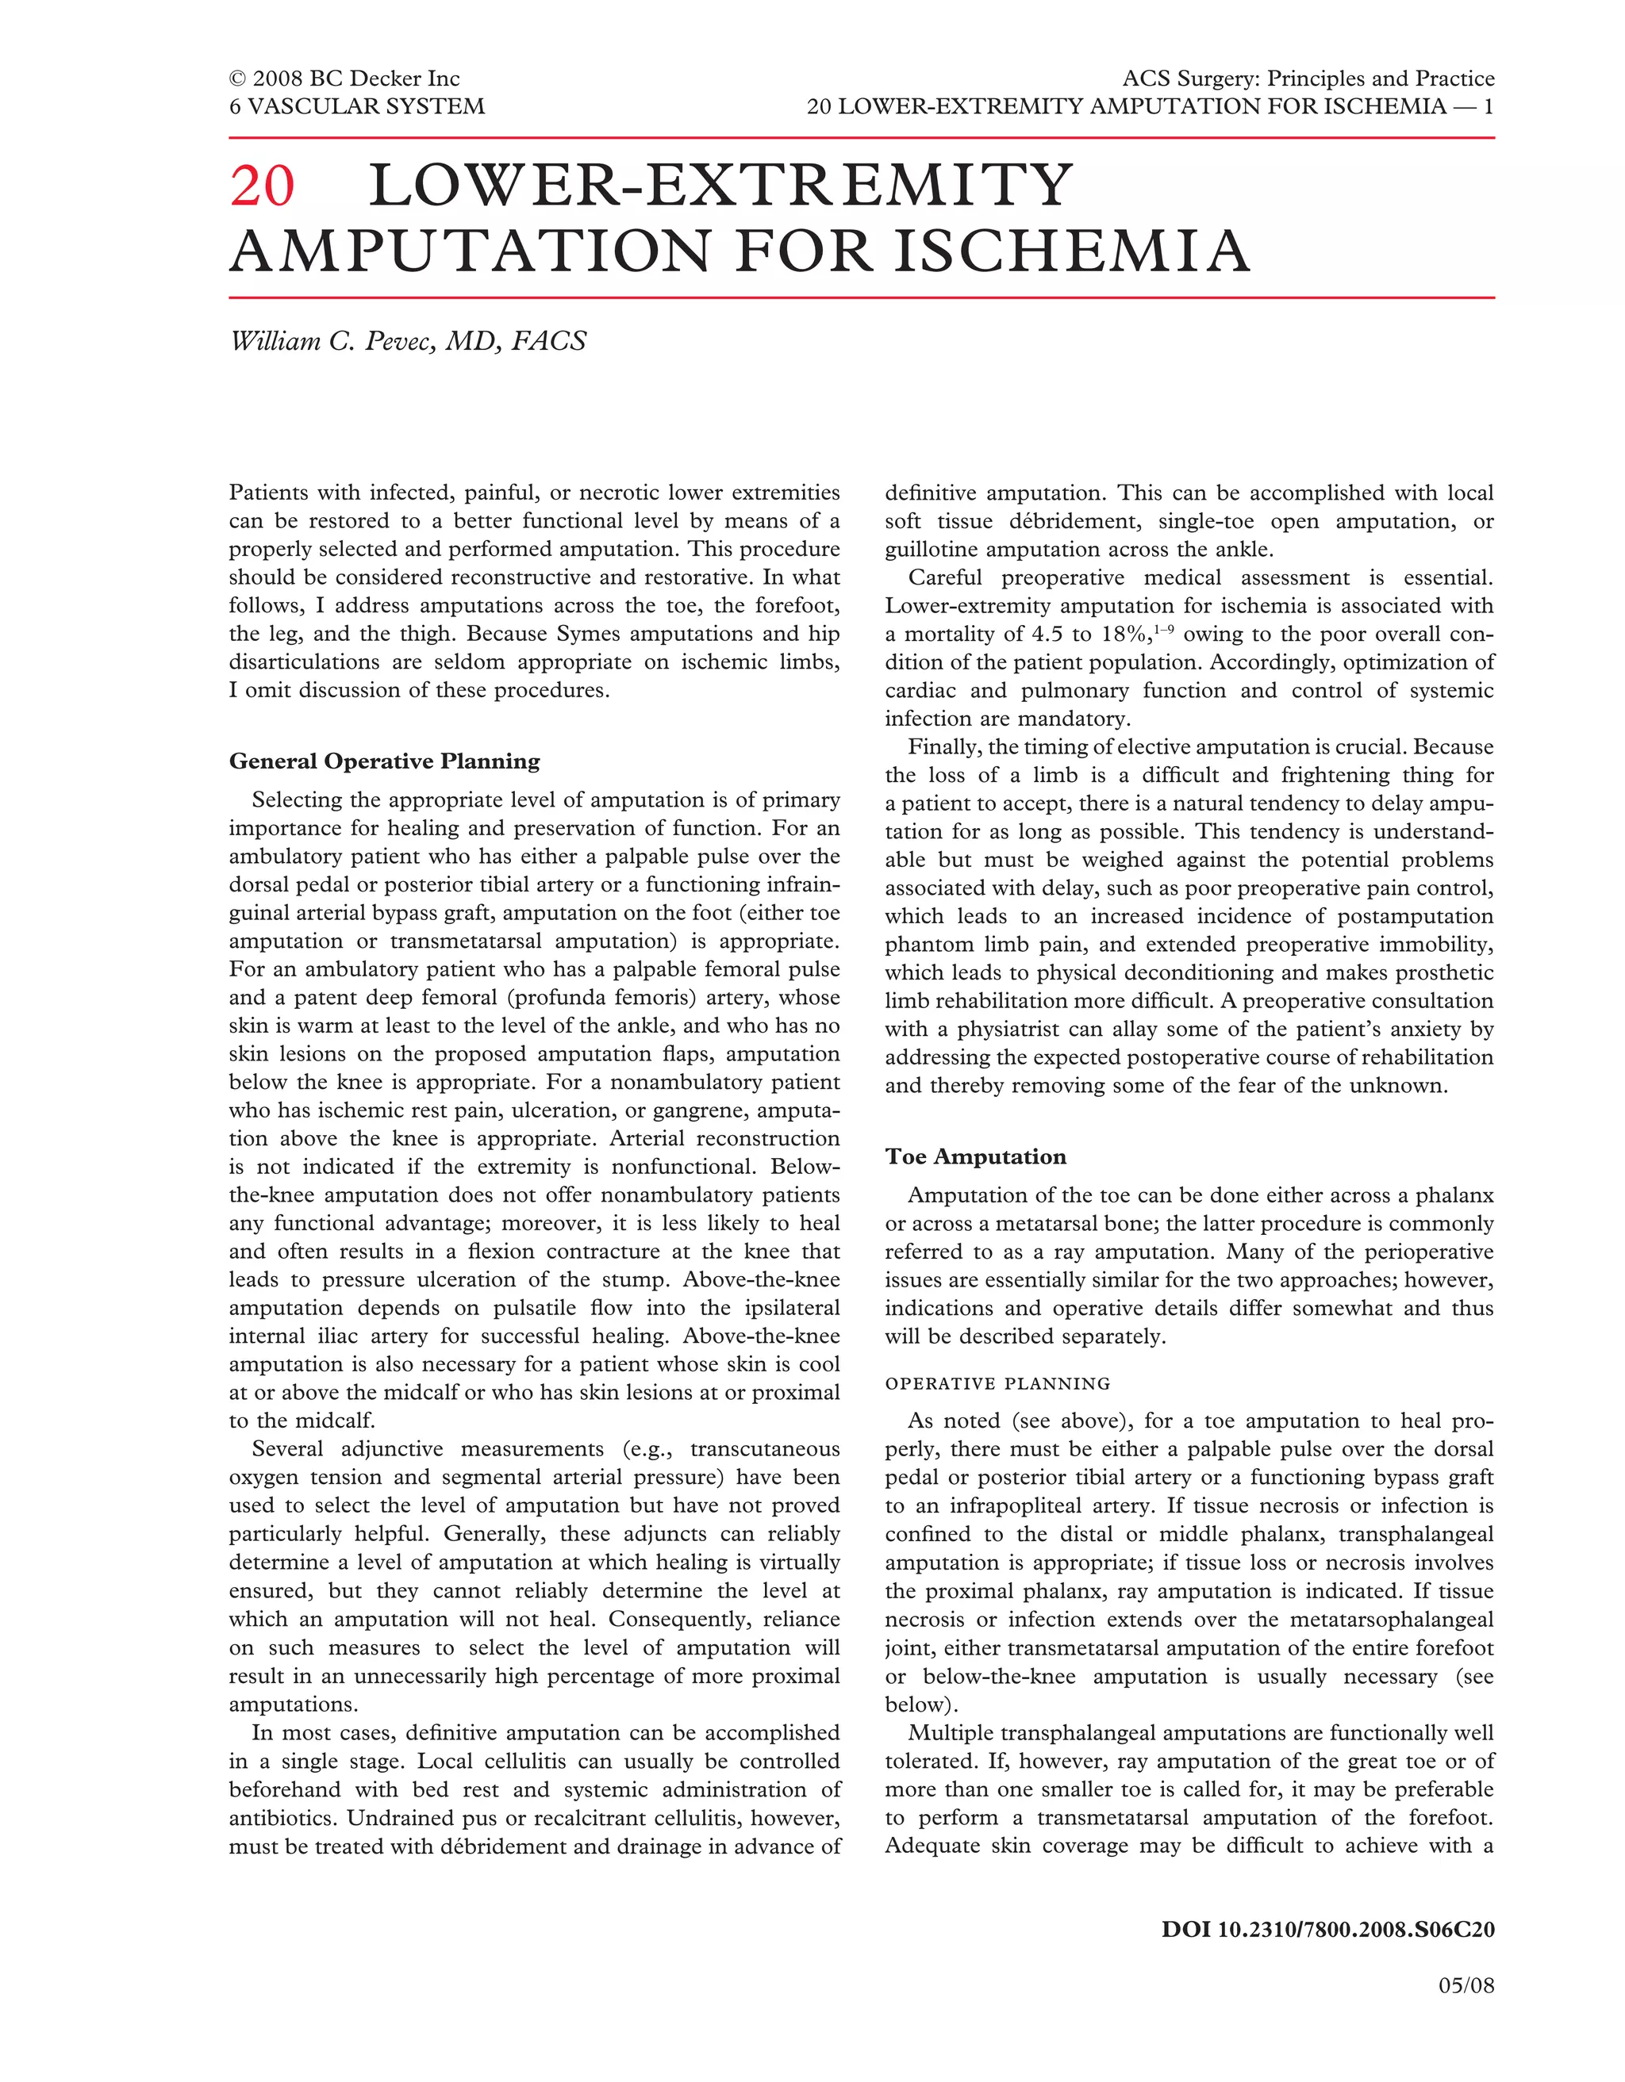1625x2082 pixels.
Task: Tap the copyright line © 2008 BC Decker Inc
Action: [344, 79]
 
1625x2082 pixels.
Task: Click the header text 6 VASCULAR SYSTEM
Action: [357, 105]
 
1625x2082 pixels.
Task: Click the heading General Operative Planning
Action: [384, 761]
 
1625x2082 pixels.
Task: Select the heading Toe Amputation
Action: [976, 1157]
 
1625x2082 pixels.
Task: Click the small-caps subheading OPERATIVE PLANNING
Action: [997, 1383]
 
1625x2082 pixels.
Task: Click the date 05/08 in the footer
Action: [1466, 1987]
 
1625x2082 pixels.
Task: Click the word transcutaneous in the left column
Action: [765, 1450]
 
